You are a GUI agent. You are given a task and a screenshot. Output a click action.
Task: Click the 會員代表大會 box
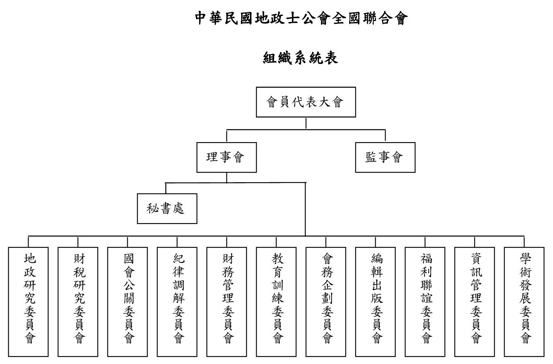pyautogui.click(x=306, y=102)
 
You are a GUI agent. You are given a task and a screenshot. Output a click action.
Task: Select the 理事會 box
pyautogui.click(x=227, y=157)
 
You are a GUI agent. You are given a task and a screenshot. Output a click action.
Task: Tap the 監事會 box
pyautogui.click(x=385, y=157)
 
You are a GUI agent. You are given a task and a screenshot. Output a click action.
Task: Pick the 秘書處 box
pyautogui.click(x=167, y=209)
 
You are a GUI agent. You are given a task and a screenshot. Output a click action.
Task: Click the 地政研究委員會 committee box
pyautogui.click(x=28, y=302)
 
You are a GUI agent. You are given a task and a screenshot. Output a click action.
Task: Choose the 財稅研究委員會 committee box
pyautogui.click(x=78, y=302)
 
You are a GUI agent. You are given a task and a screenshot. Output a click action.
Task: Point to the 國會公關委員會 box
pyautogui.click(x=127, y=302)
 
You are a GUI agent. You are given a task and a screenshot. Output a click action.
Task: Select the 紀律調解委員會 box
pyautogui.click(x=177, y=302)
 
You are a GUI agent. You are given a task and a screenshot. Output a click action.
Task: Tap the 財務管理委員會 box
pyautogui.click(x=227, y=302)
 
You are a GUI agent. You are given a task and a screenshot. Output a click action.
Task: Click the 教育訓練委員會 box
pyautogui.click(x=276, y=302)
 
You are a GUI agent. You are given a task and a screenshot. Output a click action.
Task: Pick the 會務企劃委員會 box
pyautogui.click(x=326, y=302)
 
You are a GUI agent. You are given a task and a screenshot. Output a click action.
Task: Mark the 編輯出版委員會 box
pyautogui.click(x=376, y=302)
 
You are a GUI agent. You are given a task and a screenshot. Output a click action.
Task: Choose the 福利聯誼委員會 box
pyautogui.click(x=425, y=302)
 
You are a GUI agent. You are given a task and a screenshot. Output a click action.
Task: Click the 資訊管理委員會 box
pyautogui.click(x=475, y=302)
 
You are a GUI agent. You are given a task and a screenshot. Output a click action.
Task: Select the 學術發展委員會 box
pyautogui.click(x=524, y=302)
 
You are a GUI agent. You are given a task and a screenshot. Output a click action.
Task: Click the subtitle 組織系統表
pyautogui.click(x=300, y=58)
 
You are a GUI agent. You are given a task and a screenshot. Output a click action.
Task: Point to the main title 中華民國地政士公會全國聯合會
pyautogui.click(x=301, y=18)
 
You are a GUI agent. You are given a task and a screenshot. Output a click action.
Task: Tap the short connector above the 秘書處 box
pyautogui.click(x=166, y=188)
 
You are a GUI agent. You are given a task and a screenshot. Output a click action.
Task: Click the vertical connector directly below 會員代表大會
pyautogui.click(x=306, y=123)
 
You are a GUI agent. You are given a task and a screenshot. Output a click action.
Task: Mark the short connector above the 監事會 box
pyautogui.click(x=385, y=136)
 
